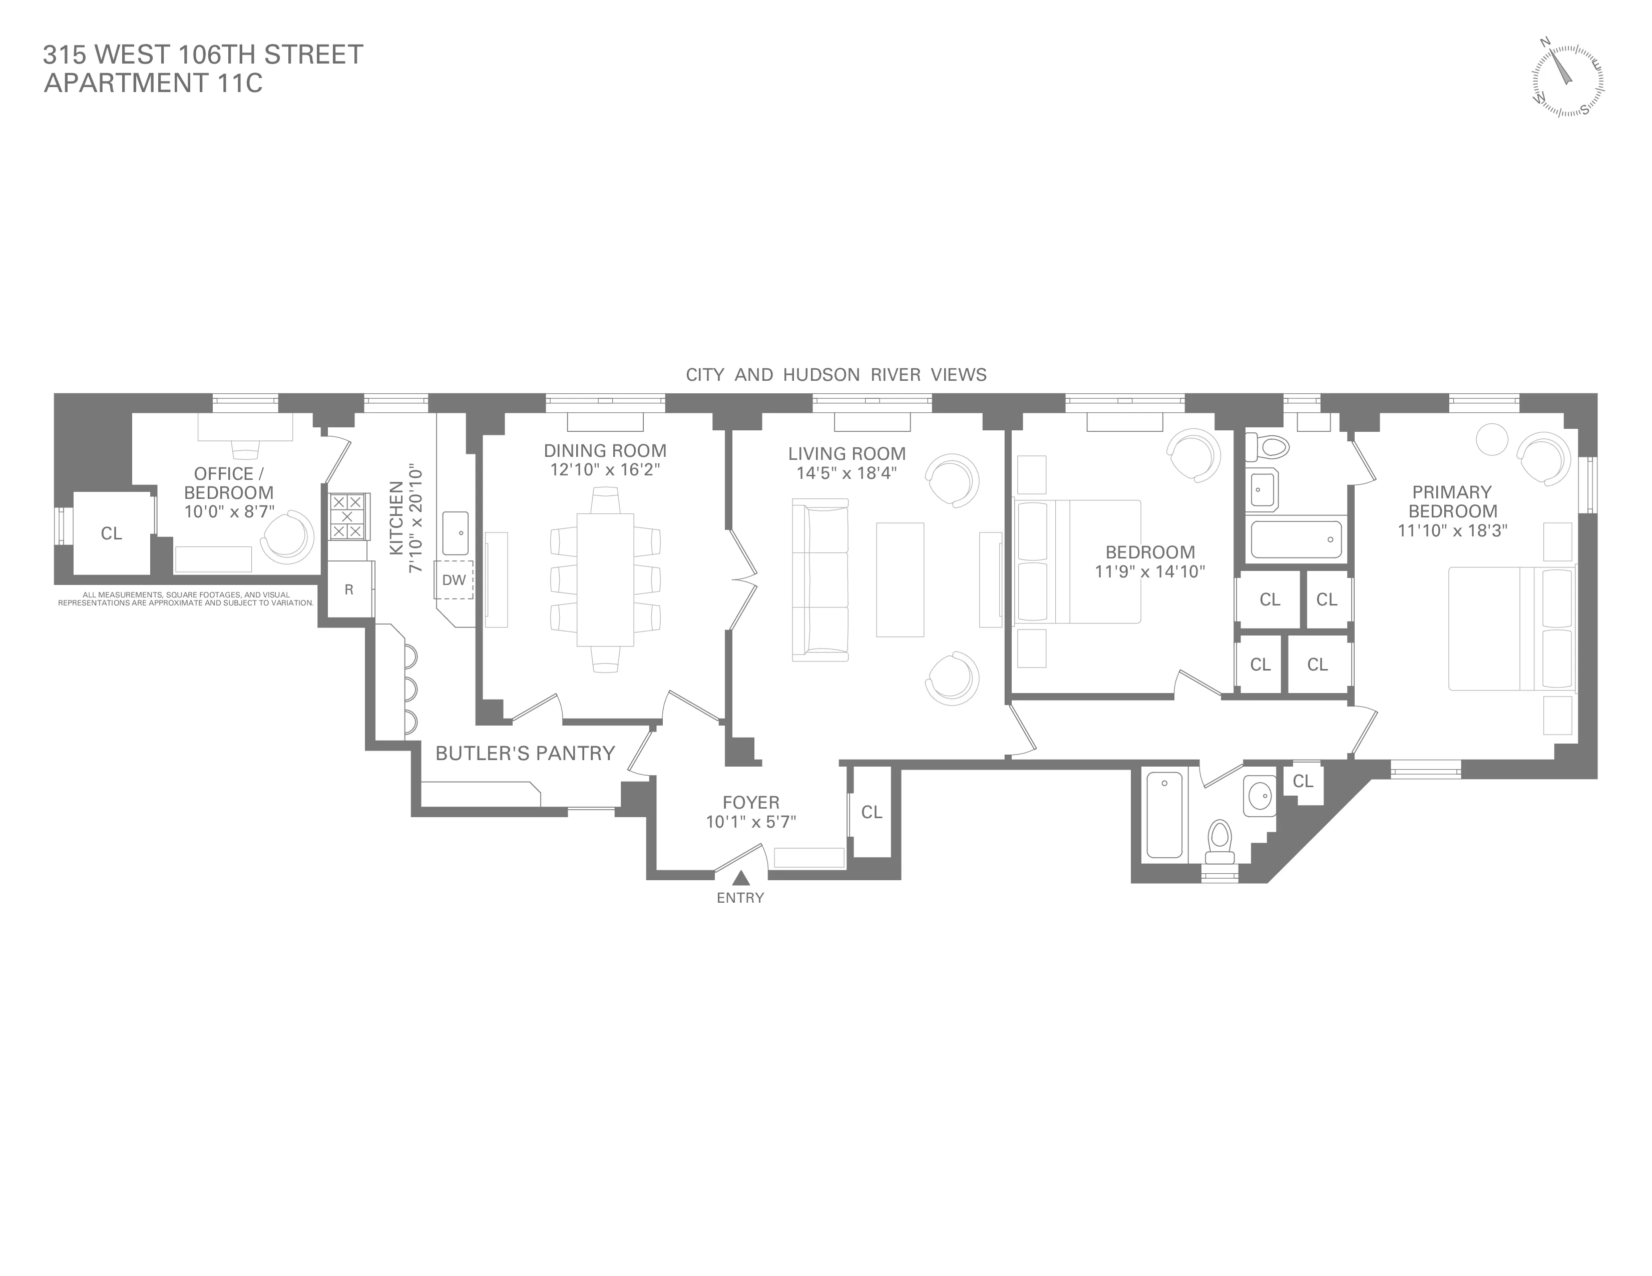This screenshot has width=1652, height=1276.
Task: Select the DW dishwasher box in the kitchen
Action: point(454,580)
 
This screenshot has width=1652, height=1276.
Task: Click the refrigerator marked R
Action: point(349,589)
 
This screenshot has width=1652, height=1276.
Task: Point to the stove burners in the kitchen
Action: point(348,516)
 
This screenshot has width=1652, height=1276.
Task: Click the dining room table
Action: point(605,579)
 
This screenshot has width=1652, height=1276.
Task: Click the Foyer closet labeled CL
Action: point(872,812)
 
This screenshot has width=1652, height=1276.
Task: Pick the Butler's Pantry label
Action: point(525,753)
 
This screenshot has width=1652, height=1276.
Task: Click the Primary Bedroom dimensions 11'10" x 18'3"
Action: point(1452,530)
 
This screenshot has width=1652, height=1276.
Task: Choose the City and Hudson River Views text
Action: point(836,375)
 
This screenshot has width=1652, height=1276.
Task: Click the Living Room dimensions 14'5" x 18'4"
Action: point(847,473)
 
